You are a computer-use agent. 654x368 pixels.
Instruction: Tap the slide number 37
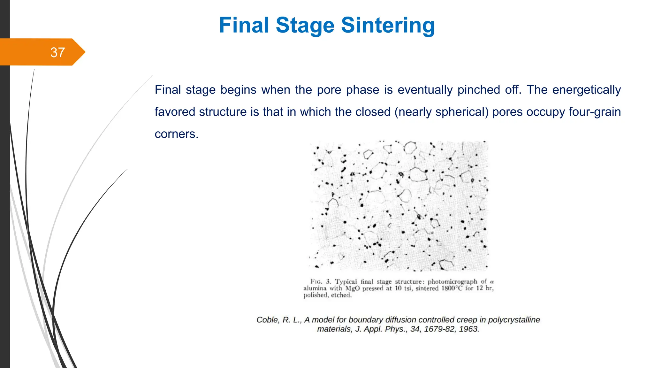tap(57, 52)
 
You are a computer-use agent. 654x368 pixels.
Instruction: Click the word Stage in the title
tap(305, 25)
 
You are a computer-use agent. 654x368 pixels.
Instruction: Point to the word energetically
tap(586, 90)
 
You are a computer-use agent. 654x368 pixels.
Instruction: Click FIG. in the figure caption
tap(316, 281)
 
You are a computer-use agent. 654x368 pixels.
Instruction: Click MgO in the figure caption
tap(352, 288)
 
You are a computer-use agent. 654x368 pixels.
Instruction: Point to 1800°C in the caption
tap(452, 288)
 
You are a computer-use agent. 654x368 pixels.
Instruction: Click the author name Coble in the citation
tap(268, 320)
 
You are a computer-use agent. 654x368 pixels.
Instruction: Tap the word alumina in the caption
tap(315, 288)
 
